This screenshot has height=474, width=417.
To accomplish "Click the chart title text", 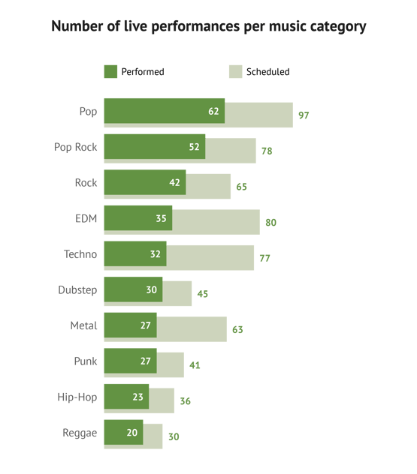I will pos(209,27).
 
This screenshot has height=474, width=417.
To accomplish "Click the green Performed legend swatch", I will pos(110,72).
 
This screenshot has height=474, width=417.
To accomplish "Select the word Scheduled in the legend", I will pos(267,72).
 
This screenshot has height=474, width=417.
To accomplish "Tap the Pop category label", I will pos(88,112).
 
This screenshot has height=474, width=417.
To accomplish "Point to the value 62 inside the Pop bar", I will pos(213,111).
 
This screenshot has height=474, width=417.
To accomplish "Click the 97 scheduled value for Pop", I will pos(304,115).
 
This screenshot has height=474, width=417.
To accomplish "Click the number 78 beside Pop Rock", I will pos(267,151).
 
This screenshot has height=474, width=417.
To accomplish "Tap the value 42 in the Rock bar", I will pos(174,182).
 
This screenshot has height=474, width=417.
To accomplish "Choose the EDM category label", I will pos(86,218).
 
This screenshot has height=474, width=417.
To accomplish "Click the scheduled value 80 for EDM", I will pos(271,222).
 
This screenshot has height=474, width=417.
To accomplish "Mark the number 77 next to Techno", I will pos(265,258).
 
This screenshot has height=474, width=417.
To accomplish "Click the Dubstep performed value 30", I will pos(151,289).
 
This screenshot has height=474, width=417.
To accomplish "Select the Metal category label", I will pos(83,325).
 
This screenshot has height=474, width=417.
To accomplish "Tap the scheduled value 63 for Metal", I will pos(238,329).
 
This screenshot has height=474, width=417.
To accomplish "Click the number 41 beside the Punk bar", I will pos(195,365).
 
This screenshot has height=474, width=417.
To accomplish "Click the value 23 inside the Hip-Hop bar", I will pos(137,397).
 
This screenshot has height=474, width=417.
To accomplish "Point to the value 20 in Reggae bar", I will pos(131,433).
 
